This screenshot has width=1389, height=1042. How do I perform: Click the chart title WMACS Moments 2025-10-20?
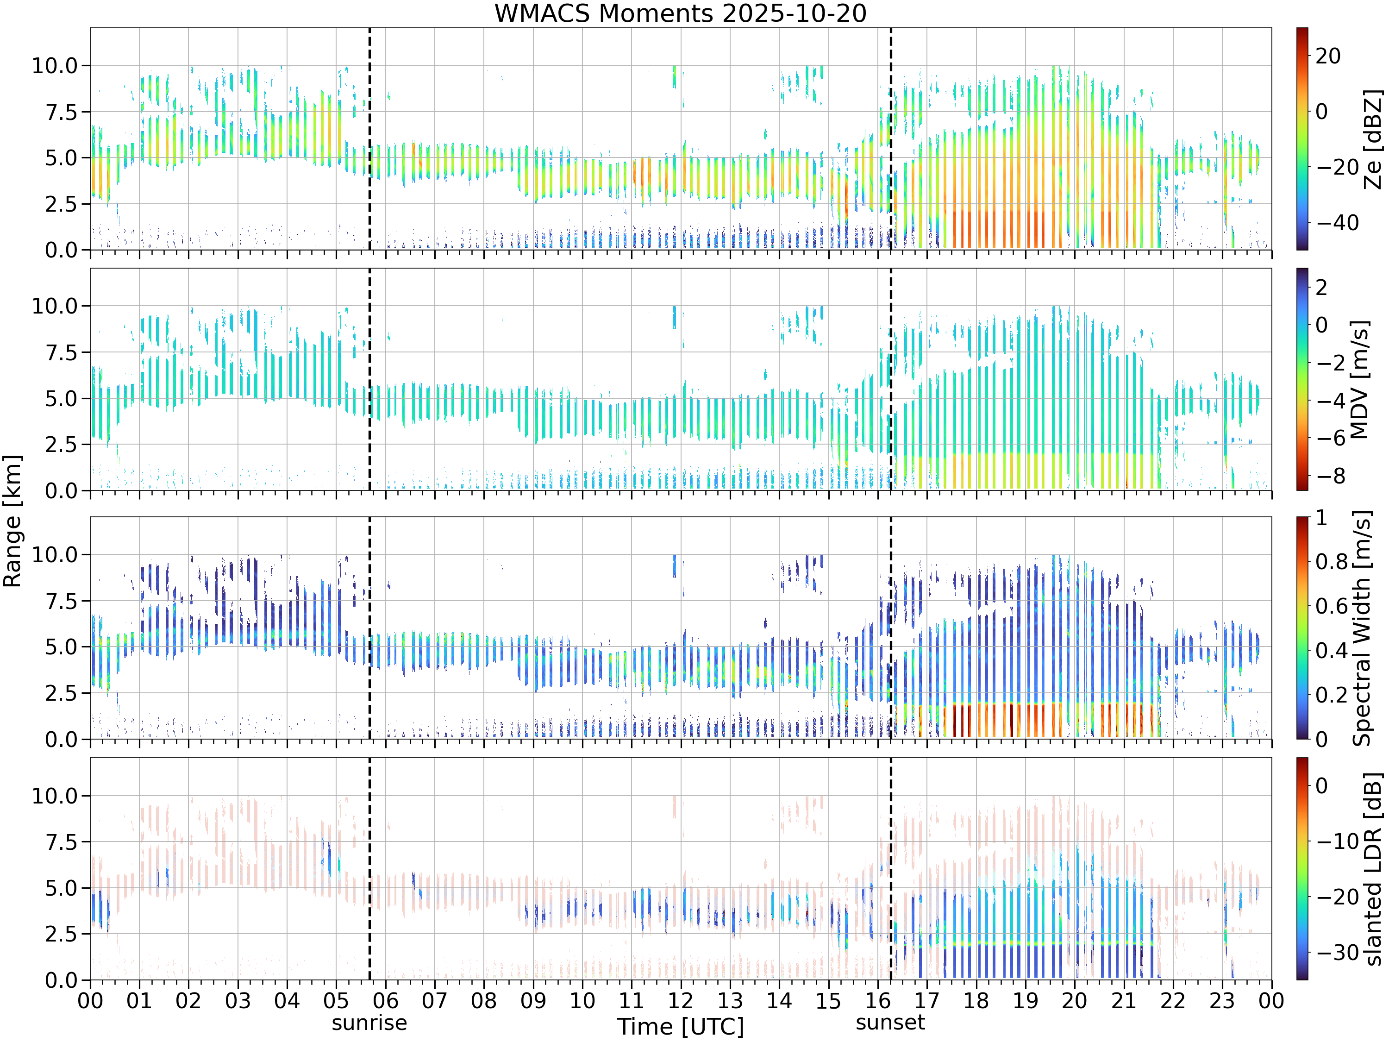pos(680,13)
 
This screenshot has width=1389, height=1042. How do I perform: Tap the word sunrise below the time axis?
pos(369,1023)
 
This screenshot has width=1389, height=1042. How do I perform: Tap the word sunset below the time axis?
pos(890,1023)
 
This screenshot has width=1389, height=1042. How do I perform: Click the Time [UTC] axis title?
pos(680,1027)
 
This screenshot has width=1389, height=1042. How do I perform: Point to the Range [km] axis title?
pos(13,521)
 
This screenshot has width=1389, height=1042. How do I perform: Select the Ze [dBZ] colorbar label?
pos(1373,139)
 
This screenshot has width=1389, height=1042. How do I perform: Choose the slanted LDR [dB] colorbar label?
pos(1373,869)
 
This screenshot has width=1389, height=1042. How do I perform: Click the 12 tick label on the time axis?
pos(681,1000)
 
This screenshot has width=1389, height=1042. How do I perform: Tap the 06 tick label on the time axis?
pos(386,1000)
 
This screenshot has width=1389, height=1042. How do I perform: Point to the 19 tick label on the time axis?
pos(1026,1000)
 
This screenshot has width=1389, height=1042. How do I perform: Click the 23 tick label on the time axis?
pos(1222,1000)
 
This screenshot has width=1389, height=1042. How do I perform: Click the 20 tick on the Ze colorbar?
pos(1329,56)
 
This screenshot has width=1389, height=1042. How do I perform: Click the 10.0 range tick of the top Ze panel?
pos(55,65)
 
